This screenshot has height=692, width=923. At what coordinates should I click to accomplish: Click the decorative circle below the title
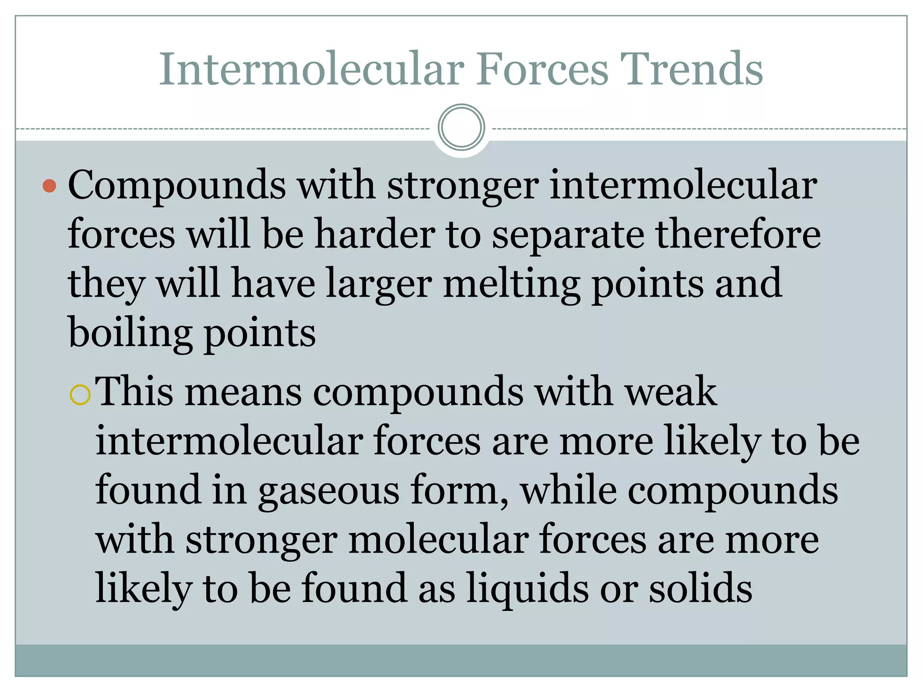click(461, 127)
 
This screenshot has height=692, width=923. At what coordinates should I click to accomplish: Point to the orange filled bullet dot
click(49, 186)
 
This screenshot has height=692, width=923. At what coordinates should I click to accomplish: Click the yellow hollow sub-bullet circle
click(81, 395)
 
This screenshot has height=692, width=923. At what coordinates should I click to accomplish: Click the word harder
click(375, 234)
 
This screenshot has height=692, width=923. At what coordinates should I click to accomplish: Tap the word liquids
click(528, 587)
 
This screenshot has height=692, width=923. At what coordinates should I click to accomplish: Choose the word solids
click(701, 587)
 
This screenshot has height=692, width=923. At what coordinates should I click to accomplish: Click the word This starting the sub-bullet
click(134, 391)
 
